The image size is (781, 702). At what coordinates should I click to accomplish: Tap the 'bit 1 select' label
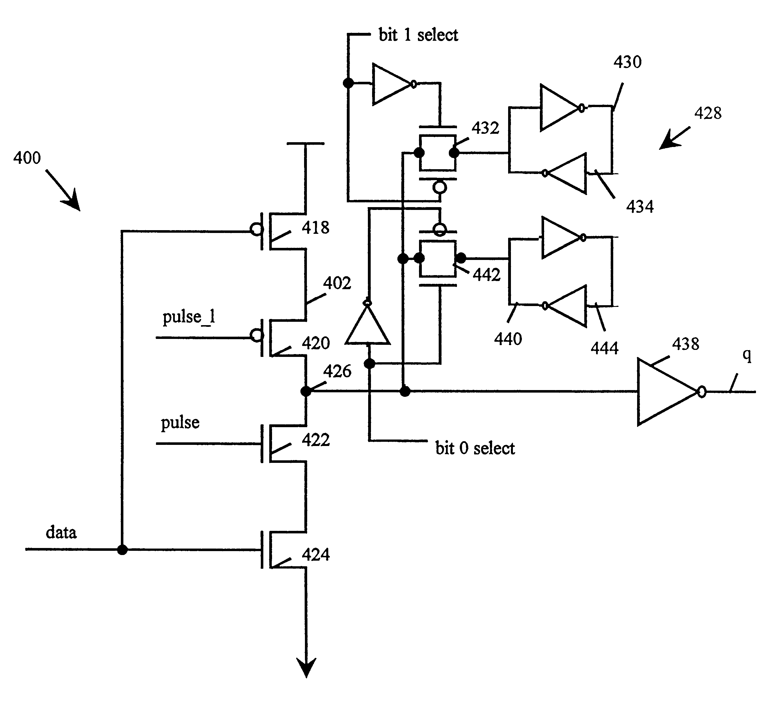[418, 35]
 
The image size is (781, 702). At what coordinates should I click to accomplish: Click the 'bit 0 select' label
[475, 448]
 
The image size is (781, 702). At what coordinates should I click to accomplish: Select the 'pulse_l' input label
[189, 317]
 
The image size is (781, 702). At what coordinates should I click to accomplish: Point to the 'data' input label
[61, 533]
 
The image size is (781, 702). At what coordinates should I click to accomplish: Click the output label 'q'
[747, 355]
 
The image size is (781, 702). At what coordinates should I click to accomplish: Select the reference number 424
[316, 555]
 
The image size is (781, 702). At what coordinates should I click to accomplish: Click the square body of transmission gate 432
[437, 153]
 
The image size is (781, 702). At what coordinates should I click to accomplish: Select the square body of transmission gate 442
[437, 259]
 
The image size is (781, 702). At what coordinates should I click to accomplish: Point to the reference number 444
[604, 348]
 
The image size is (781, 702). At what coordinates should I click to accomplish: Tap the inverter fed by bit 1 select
[390, 84]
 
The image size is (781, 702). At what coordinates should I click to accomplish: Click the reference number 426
[337, 372]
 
